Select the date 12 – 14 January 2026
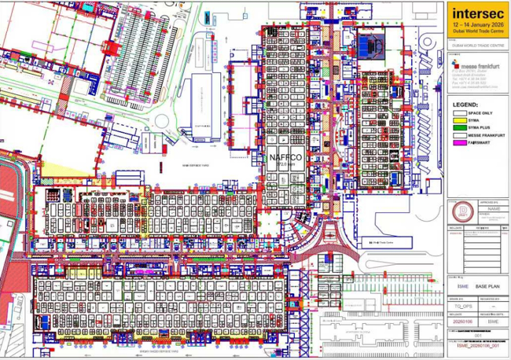[476, 25]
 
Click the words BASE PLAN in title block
[486, 288]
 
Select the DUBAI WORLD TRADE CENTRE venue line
[476, 46]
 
